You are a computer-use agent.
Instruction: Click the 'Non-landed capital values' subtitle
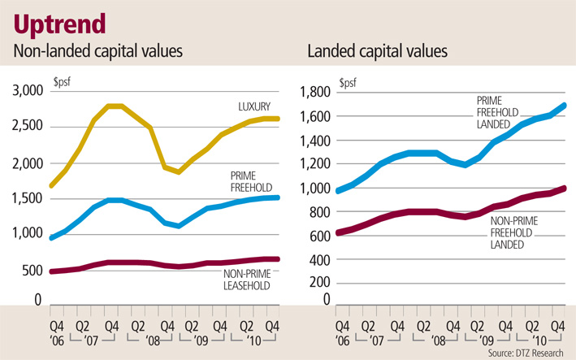coord(97,53)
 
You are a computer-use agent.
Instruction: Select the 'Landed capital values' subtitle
coord(377,53)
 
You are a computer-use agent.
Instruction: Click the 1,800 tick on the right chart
coord(316,93)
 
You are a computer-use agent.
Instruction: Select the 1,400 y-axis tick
coord(316,140)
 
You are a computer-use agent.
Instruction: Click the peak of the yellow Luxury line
coord(115,106)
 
